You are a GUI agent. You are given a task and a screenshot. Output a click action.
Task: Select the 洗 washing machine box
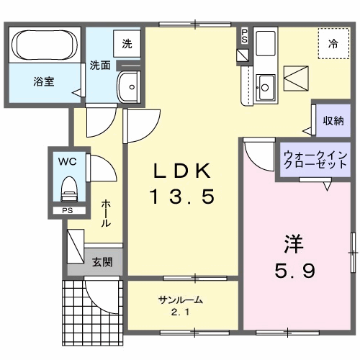click(x=127, y=44)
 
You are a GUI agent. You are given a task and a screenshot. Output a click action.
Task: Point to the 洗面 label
click(x=99, y=65)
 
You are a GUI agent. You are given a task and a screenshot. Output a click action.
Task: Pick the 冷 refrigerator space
click(x=333, y=44)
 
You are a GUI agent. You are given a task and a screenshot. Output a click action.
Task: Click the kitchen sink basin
click(x=265, y=88)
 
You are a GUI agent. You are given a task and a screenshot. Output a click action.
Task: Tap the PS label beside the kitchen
click(x=245, y=35)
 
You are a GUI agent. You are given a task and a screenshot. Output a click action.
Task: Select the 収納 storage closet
click(x=333, y=120)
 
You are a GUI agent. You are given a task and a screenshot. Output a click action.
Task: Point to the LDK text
click(x=182, y=171)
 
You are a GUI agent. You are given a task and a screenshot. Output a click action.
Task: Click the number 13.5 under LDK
click(x=182, y=196)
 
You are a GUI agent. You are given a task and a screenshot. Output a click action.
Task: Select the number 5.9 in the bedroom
click(x=292, y=271)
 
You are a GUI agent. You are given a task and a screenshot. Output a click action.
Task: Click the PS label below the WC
click(x=66, y=211)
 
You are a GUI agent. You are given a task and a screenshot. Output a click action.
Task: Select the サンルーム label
click(x=180, y=300)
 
